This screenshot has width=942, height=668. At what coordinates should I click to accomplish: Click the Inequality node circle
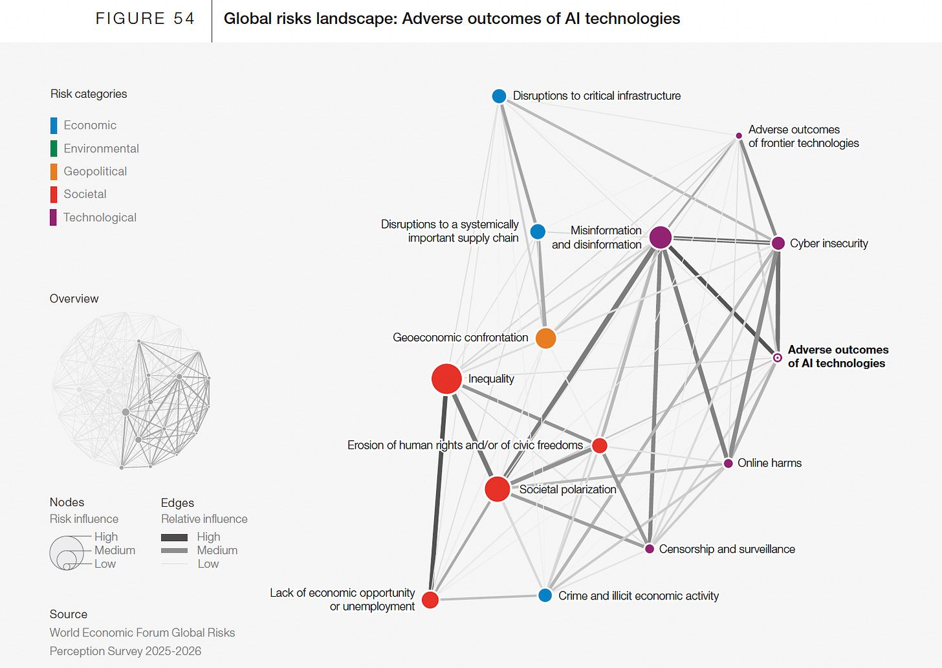[x=446, y=379]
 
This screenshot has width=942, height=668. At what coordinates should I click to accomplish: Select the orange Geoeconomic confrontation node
[x=545, y=338]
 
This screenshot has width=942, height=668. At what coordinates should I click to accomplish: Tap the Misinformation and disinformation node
[x=660, y=238]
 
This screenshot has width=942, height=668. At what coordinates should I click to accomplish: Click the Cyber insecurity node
[x=778, y=243]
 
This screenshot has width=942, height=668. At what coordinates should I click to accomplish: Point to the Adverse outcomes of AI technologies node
[x=778, y=357]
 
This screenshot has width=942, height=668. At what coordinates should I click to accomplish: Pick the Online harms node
[x=728, y=463]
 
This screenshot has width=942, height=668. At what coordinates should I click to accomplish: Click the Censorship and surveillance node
[x=650, y=549]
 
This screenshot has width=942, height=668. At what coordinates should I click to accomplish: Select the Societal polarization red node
[x=498, y=489]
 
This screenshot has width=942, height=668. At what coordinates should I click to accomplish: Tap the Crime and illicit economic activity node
[x=545, y=596]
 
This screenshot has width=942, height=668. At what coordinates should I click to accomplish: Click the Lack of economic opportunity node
[x=430, y=599]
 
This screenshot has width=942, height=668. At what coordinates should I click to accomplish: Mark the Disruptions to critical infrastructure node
[x=499, y=96]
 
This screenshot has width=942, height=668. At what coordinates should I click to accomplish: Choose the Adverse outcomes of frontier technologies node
[x=739, y=136]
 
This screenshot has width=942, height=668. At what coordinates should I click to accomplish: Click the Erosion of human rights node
[x=600, y=445]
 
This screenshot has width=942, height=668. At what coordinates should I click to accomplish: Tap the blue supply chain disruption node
[x=538, y=231]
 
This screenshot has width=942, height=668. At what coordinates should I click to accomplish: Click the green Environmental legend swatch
[x=54, y=148]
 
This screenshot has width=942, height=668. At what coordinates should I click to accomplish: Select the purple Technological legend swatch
[x=54, y=217]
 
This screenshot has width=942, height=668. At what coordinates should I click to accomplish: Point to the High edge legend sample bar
[x=174, y=537]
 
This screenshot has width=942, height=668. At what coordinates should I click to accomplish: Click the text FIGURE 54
[x=145, y=19]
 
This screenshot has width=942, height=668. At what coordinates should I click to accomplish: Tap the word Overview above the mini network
[x=74, y=298]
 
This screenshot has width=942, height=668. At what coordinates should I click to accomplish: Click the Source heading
[x=69, y=614]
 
